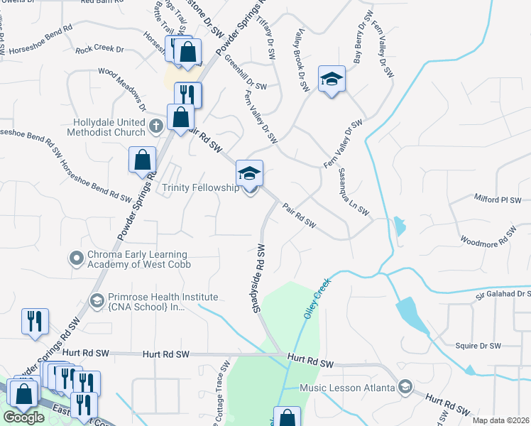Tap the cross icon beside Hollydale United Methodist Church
tap(157, 126)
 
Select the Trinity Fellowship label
tap(200, 188)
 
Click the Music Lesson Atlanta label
tap(347, 388)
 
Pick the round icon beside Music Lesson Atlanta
tap(405, 387)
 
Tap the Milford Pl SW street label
tap(498, 200)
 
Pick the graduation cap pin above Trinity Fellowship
tap(249, 173)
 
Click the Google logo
tap(23, 417)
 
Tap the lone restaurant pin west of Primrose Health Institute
tap(35, 322)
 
